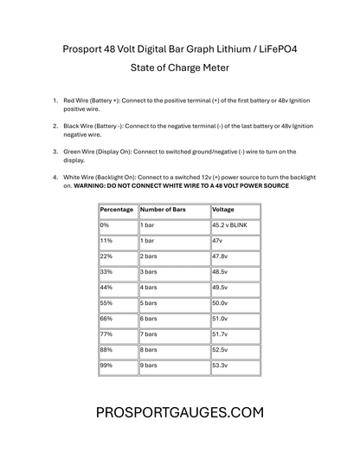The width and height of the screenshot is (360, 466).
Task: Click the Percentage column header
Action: pos(117,210)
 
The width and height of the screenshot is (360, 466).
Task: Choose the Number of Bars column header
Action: pos(164,210)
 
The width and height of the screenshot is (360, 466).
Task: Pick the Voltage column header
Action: pos(223,210)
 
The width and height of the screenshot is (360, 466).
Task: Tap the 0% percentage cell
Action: pos(106,225)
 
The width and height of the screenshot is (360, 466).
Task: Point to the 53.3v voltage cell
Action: pos(220,366)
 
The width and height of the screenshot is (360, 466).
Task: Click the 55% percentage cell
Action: pos(107,303)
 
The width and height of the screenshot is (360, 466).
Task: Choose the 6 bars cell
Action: pos(151,319)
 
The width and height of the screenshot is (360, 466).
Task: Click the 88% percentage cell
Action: pos(107,350)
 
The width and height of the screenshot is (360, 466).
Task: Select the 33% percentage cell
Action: pos(107,272)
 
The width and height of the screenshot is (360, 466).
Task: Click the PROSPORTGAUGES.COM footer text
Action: pos(180,413)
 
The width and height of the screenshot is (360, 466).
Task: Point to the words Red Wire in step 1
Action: pos(79,101)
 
